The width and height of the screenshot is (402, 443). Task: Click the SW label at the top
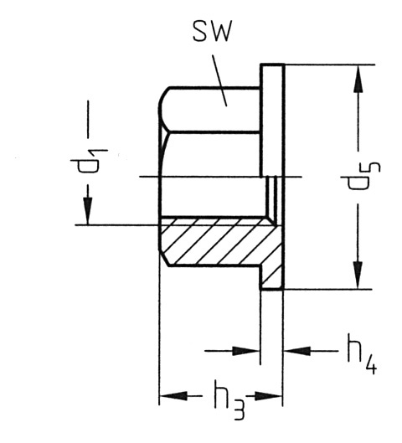pos(212,31)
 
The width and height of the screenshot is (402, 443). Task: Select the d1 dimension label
pos(89,161)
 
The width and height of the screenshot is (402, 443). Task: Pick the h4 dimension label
pos(362,354)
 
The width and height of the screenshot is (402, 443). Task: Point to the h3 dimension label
pos(229,399)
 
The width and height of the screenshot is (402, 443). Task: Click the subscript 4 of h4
pos(371,366)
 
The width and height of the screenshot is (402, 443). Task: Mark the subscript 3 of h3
pos(239,410)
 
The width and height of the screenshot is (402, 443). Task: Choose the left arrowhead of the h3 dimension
pos(173,396)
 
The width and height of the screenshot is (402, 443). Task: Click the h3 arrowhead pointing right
pos(268,396)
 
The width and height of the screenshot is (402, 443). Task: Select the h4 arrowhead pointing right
pos(245,351)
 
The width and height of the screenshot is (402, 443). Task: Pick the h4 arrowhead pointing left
pos(297,351)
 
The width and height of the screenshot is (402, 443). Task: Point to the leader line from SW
pos(219,80)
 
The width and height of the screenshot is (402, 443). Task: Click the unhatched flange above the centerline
pos(272,121)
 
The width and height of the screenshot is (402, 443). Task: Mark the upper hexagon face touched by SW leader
pos(210,110)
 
